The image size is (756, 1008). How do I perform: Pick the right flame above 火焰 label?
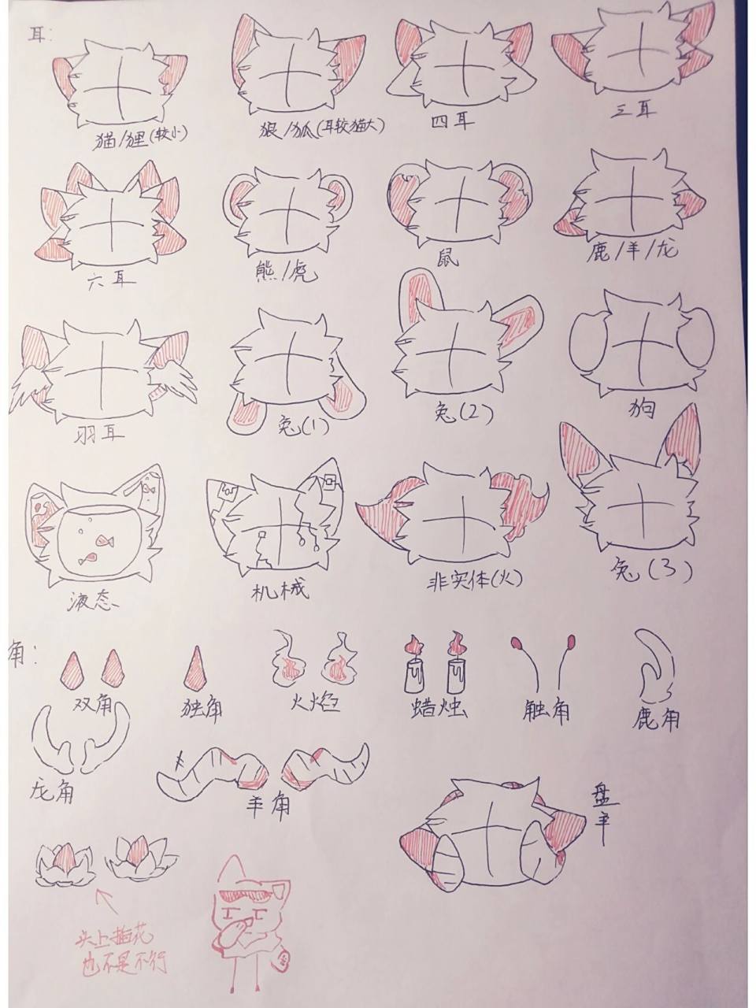(x=340, y=658)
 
